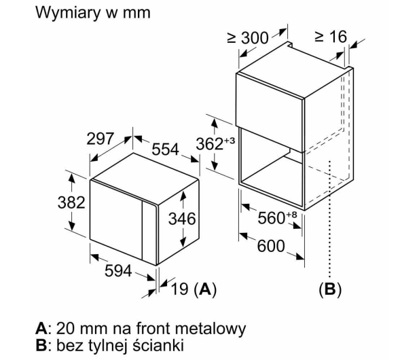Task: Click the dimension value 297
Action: coord(101,139)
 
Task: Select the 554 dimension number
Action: coord(165,149)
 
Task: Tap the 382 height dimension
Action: coord(71,202)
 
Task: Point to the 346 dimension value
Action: coord(182,219)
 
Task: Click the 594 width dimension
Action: coord(118,271)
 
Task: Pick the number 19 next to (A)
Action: coord(179,289)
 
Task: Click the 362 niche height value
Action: coord(209,144)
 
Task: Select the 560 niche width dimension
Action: coord(271,218)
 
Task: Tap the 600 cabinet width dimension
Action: coord(271,246)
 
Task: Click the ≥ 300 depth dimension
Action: coord(248,37)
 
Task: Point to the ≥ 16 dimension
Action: coord(331,37)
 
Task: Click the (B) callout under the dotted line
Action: coord(330,289)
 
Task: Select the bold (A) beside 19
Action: coord(205,289)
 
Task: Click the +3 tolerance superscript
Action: coord(230,140)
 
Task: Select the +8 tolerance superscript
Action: coord(291,215)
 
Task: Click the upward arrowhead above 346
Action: coord(183,196)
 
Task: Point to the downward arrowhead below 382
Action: coord(71,225)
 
